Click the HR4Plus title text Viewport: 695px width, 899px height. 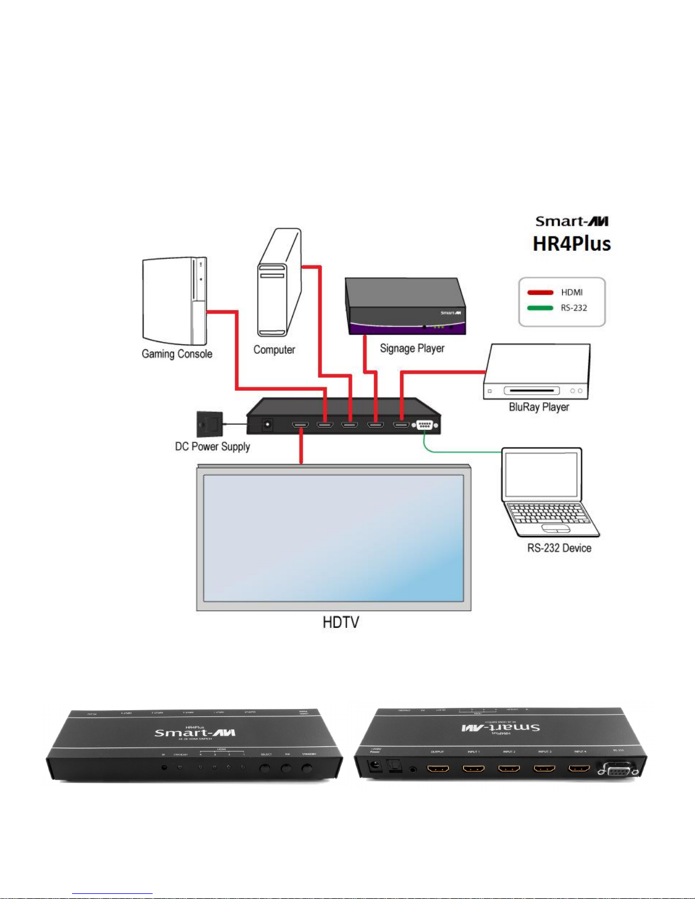pos(571,244)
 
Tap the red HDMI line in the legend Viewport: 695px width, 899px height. pos(540,293)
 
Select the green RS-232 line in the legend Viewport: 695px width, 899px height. pos(540,308)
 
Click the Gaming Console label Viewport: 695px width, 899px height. pos(177,354)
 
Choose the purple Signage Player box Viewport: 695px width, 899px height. pos(406,307)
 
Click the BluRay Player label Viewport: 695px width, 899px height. pos(538,407)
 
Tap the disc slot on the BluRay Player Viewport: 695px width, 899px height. pos(532,391)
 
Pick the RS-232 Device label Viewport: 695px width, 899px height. pos(559,548)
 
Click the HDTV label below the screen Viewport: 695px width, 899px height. pos(340,622)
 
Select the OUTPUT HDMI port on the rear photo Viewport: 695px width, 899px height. pos(437,769)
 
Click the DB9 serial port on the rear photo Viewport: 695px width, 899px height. pos(618,770)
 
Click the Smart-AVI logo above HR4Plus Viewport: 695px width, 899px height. pos(572,221)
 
